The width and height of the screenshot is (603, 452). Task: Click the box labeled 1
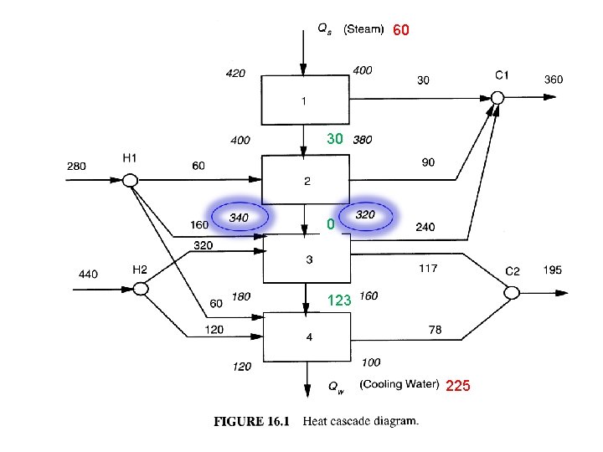click(x=303, y=100)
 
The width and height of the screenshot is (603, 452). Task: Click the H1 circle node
click(x=130, y=179)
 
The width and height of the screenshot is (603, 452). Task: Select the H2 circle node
click(x=141, y=289)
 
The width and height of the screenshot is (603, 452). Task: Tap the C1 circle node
click(x=497, y=98)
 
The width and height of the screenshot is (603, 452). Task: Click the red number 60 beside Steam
click(x=401, y=30)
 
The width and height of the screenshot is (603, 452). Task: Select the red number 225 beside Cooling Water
click(x=457, y=386)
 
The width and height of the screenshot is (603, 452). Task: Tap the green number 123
click(x=338, y=300)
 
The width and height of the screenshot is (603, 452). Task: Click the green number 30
click(x=335, y=139)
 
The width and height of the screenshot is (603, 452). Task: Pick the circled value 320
click(x=364, y=215)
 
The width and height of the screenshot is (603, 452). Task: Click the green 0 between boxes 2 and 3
click(x=331, y=224)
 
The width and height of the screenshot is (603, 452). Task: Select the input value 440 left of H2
click(x=89, y=273)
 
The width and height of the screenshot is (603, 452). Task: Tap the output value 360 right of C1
click(x=554, y=80)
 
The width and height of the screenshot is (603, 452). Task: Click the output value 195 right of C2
click(x=553, y=270)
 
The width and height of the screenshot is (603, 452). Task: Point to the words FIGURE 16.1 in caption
click(x=251, y=422)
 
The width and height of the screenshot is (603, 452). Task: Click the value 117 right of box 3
click(x=428, y=269)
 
